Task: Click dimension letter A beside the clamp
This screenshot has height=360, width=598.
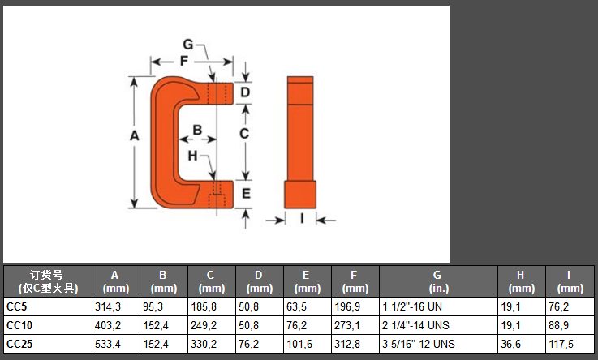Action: point(134,136)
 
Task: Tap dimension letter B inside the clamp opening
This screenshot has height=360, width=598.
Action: point(197,130)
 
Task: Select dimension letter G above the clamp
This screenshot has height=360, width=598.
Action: point(188,45)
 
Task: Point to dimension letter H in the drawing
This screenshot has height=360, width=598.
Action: point(192,156)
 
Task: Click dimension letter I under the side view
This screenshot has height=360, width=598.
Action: point(302,218)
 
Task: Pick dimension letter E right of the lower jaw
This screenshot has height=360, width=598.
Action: point(246,194)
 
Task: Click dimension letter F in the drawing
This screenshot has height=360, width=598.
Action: point(184,61)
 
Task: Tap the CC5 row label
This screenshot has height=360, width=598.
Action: point(17,306)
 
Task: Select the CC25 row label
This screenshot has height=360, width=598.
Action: point(19,344)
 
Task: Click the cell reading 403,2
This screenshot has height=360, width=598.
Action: point(108,325)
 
